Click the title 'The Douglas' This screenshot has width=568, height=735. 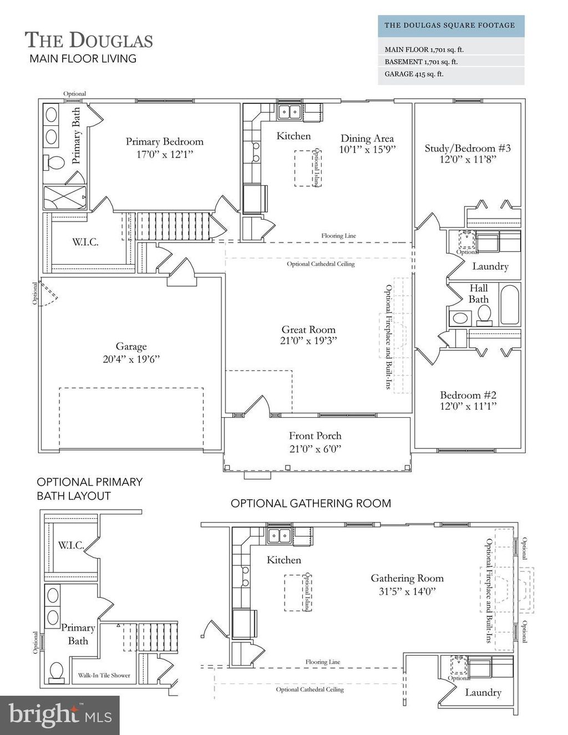tap(89, 40)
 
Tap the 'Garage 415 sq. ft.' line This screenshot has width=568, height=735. tap(414, 74)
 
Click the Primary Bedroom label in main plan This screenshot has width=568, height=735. tap(164, 142)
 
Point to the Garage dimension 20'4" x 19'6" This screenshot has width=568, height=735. tap(131, 359)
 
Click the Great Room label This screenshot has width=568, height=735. tap(308, 330)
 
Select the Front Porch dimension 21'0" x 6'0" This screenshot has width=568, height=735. tap(315, 448)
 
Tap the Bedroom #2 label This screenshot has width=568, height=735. tap(468, 395)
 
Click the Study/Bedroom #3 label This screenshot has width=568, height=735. tap(468, 148)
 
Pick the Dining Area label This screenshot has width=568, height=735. tap(367, 139)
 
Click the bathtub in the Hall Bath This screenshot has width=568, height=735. tap(509, 305)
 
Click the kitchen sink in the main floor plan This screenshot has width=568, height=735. tap(288, 111)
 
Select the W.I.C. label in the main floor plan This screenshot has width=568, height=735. tap(85, 242)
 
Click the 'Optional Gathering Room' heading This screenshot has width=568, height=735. tap(311, 503)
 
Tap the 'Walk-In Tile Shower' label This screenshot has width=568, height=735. tap(104, 675)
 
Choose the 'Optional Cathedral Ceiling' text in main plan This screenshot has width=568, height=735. tap(321, 264)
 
